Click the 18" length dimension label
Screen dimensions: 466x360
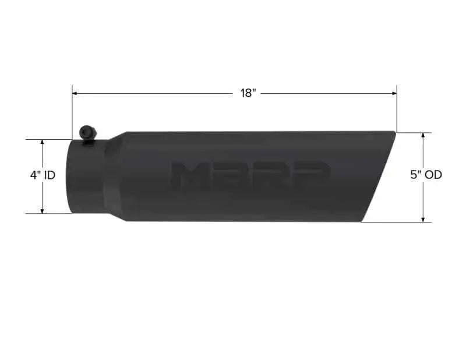coord(248,93)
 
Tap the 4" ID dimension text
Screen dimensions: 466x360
coord(43,175)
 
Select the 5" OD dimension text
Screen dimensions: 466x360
coord(426,175)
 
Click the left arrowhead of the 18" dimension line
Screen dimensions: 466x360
coord(75,94)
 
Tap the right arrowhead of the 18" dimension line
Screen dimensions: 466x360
coord(394,94)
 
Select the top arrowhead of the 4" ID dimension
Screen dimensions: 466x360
coord(42,142)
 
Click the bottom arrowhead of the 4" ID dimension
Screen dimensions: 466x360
coord(42,210)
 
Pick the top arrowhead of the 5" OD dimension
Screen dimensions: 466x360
coord(423,136)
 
